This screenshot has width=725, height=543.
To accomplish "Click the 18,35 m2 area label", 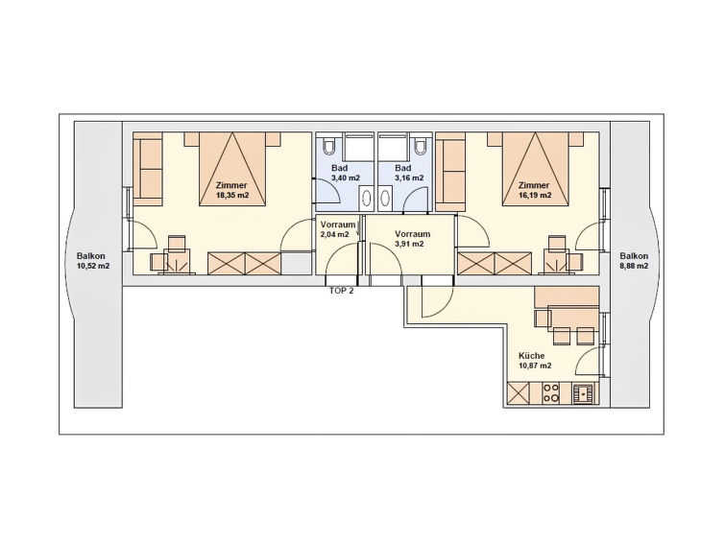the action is pos(232,195).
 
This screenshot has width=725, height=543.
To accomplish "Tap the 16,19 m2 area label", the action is pos(535,195).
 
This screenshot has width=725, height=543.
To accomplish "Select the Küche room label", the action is pos(531,356).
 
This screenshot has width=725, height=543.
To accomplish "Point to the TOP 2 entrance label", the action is pos(341,291).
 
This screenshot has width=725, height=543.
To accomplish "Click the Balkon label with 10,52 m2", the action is pos(91,256).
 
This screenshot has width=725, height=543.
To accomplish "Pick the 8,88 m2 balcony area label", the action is pos(634,266).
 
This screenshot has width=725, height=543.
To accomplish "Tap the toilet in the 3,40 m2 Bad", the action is pos(329,145).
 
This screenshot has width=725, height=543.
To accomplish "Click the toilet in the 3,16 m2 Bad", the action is pos(421,145).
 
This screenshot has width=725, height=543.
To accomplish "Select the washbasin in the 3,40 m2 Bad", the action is pos(366,199).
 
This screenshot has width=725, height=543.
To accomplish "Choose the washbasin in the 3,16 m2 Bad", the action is pos(385,199).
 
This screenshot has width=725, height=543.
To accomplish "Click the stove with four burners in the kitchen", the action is pos(550,392).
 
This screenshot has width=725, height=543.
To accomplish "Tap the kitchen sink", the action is pos(583,393).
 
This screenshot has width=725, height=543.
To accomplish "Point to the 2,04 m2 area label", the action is pos(335,234).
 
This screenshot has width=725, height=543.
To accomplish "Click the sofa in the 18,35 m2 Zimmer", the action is pos(148,169).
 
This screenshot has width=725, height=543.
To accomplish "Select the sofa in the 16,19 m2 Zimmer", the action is pos(450,169).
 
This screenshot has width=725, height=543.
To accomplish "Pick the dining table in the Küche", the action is pos(573,318).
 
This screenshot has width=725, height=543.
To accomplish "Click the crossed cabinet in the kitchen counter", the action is pos(519,393).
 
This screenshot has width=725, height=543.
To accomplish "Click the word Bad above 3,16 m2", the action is pos(403,168).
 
